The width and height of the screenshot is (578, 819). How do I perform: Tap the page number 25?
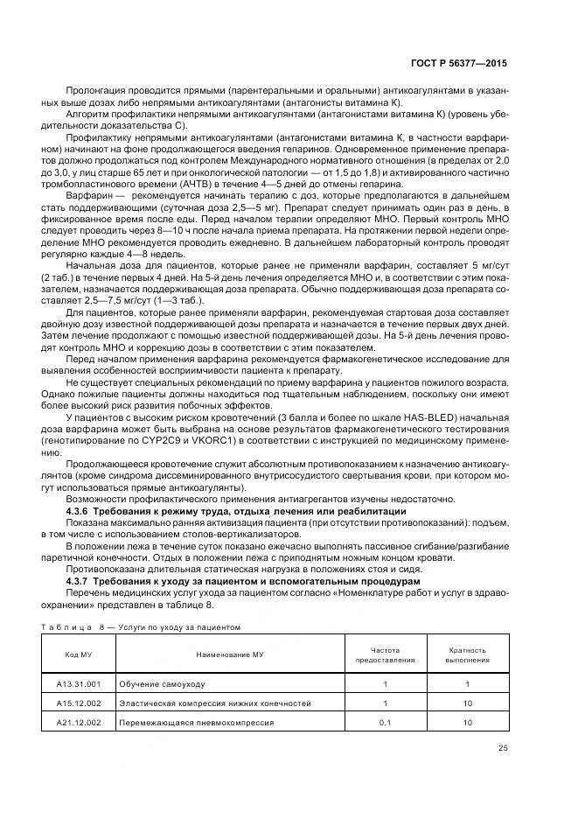[502, 748]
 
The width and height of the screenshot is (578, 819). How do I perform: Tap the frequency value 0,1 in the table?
[385, 723]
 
